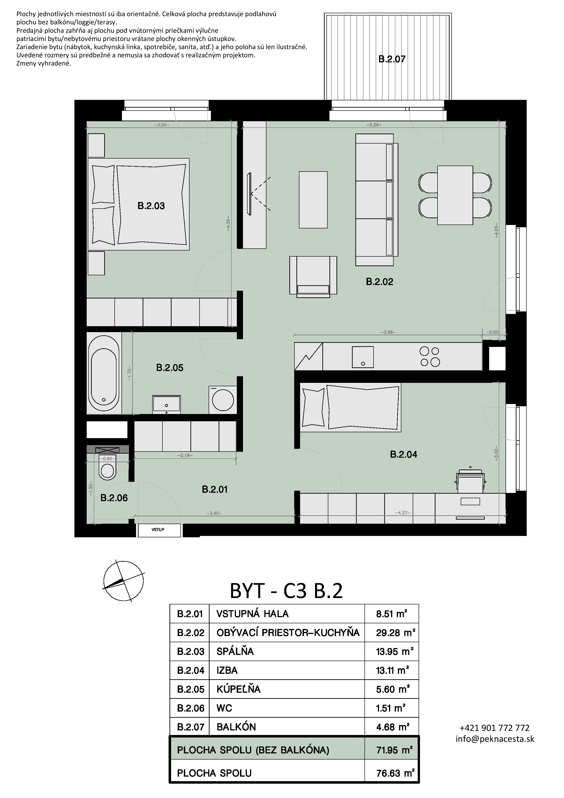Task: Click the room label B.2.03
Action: (x=151, y=206)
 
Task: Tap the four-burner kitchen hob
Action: (x=430, y=357)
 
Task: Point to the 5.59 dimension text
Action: (x=374, y=125)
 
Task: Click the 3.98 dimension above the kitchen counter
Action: (x=388, y=332)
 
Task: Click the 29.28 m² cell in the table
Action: (x=395, y=633)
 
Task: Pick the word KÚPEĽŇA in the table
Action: (x=238, y=689)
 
